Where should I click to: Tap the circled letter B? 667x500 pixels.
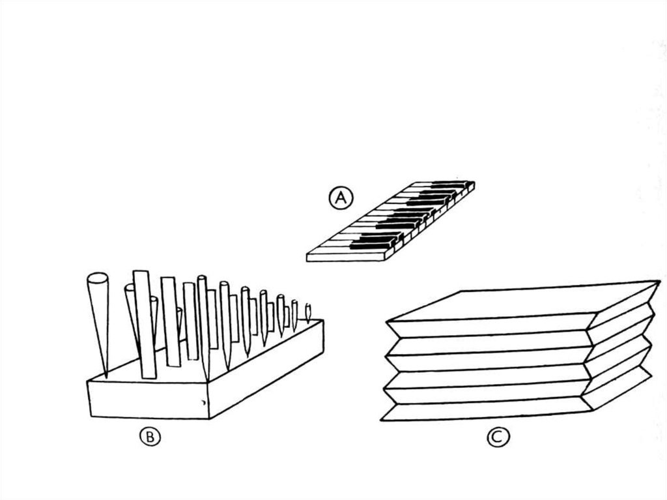(150, 437)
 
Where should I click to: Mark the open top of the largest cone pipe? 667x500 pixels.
(96, 279)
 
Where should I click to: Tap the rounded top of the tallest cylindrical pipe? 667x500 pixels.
(202, 279)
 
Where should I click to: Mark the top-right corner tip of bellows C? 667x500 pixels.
(659, 282)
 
